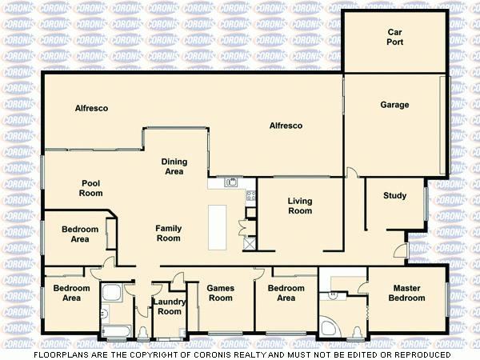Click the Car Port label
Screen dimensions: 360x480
pyautogui.click(x=394, y=38)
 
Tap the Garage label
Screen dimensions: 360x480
pyautogui.click(x=394, y=105)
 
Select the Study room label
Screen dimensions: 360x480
pyautogui.click(x=394, y=196)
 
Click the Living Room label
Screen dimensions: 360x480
pyautogui.click(x=300, y=206)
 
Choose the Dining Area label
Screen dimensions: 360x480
pyautogui.click(x=174, y=166)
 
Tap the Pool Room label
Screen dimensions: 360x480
pyautogui.click(x=92, y=188)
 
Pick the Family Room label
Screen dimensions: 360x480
pyautogui.click(x=168, y=233)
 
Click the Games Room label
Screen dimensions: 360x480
pyautogui.click(x=220, y=293)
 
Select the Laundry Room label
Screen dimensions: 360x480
pyautogui.click(x=169, y=306)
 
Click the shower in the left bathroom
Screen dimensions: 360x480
pyautogui.click(x=111, y=294)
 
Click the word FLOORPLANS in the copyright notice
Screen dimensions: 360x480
pyautogui.click(x=61, y=354)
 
